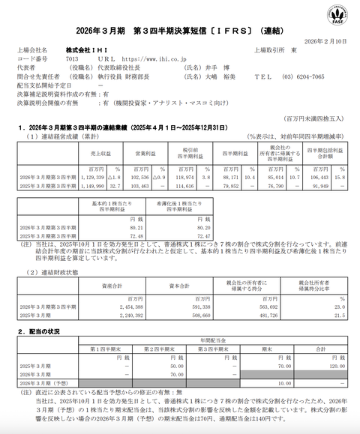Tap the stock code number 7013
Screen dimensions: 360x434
point(73,57)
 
